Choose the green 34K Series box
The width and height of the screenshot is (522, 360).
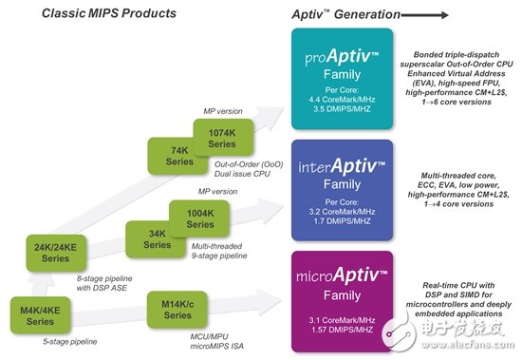click(x=151, y=237)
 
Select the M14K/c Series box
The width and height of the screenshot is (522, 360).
click(x=175, y=311)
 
